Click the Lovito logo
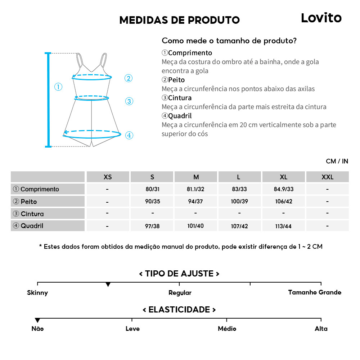point(321,18)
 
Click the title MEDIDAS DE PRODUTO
point(179,20)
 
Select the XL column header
point(283,177)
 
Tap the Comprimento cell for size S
point(152,189)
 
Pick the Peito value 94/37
point(195,201)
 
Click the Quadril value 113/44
point(283,226)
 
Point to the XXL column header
point(327,177)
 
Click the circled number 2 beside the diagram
point(129,78)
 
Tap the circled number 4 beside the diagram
point(129,135)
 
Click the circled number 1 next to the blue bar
point(58,87)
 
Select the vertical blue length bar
point(48,100)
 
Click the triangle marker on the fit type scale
point(108,285)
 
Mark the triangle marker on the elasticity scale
point(37,320)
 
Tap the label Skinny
point(37,293)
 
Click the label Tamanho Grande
point(315,292)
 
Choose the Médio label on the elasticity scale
point(227,329)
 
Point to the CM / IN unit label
point(337,161)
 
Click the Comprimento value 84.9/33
point(283,189)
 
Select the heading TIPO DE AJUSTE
point(179,274)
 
